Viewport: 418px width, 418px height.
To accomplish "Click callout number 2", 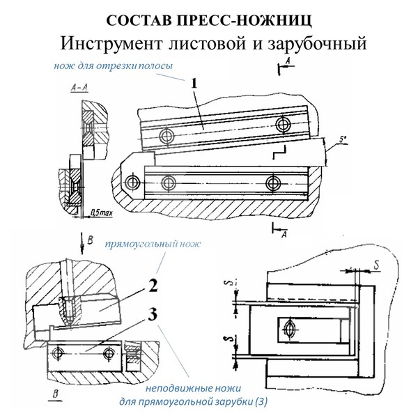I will click(151, 285).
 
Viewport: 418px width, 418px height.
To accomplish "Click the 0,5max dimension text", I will click(102, 208).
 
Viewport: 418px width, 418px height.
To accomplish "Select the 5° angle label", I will click(342, 141).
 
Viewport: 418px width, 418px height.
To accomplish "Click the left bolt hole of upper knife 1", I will click(166, 135).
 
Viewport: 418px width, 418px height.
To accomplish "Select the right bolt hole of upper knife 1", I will click(282, 125).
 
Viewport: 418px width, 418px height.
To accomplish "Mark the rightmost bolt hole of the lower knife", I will click(272, 183).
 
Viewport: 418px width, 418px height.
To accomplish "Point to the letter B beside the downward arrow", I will click(89, 238).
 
